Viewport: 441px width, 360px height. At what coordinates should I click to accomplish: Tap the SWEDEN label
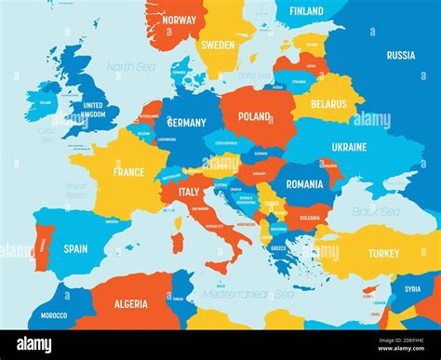pos(219,44)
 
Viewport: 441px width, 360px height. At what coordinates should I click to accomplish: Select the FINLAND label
pos(306,11)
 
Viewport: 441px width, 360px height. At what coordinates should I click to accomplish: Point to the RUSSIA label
pos(400,55)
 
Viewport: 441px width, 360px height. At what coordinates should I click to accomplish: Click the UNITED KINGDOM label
pos(94,110)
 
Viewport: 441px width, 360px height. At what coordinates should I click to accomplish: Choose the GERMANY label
pos(186,123)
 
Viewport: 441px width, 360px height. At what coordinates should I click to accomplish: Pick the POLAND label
pos(253,117)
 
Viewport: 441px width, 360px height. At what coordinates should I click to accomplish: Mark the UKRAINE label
pos(349,147)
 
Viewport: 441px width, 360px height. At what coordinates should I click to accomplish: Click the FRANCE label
pos(128,172)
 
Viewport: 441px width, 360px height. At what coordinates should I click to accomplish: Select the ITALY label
pos(188,193)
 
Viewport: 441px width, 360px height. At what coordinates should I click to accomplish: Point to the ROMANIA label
pos(304,184)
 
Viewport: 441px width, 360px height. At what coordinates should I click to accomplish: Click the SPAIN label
pos(75,248)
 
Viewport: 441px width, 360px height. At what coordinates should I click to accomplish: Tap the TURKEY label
pos(383,253)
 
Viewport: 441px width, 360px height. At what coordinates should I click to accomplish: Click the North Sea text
pos(129,67)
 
